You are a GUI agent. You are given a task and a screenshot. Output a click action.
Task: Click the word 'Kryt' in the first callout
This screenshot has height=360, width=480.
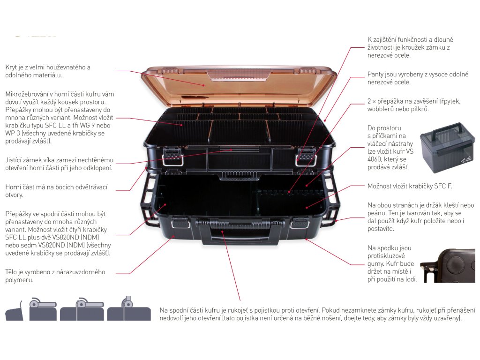[11, 67]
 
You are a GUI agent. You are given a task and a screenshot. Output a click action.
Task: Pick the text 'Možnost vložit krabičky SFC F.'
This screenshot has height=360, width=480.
[410, 186]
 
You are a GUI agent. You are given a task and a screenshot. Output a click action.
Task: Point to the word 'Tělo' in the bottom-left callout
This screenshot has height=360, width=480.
[11, 272]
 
